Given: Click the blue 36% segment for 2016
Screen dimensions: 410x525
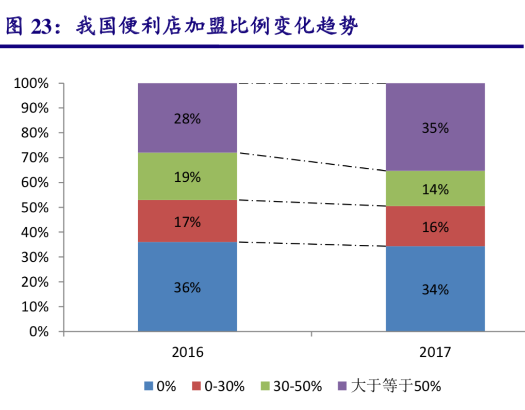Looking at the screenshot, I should [187, 287].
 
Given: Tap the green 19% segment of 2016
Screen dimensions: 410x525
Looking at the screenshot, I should [187, 176].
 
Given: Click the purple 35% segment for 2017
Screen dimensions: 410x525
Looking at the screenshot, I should [435, 127].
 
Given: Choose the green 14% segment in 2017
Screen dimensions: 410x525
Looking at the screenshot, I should [435, 188].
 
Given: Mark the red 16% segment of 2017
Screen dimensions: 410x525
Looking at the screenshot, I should [435, 226].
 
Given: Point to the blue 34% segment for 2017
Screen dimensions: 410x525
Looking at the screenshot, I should [435, 289].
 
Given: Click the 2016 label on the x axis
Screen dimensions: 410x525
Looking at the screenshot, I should [188, 352].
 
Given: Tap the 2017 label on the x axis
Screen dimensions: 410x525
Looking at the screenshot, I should [435, 352].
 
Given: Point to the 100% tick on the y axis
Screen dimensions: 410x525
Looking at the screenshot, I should [32, 84].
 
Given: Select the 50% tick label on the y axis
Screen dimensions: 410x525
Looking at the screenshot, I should [35, 208].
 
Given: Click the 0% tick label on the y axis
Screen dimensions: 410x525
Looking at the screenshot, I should [39, 332].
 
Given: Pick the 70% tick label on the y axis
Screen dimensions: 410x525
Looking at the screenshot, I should [35, 158].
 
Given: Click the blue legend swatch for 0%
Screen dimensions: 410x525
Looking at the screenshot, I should [149, 386].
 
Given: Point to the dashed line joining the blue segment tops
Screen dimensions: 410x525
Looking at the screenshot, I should [311, 244].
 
